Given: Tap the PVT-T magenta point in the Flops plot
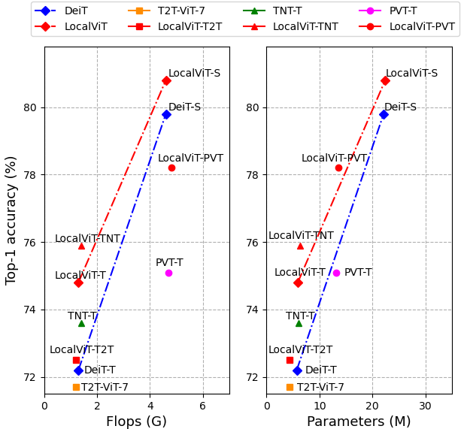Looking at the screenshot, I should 168,273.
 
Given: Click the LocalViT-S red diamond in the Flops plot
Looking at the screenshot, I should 166,80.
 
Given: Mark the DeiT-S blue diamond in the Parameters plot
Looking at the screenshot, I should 384,114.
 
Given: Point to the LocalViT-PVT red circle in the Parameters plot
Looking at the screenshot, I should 338,168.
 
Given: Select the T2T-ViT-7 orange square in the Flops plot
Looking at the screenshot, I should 76,387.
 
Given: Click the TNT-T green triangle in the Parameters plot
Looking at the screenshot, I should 299,323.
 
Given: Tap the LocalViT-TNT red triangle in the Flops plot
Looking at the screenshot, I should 81,246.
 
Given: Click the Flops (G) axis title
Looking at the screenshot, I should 136,421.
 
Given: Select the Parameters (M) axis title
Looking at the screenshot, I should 359,421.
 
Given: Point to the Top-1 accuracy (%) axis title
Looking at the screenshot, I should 11,220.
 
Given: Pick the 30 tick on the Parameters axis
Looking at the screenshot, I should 426,406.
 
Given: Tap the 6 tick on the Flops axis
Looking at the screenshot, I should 203,406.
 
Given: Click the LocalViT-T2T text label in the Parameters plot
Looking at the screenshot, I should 300,350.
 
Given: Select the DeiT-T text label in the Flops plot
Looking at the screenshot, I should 100,370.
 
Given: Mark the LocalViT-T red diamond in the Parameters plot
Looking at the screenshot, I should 298,282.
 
